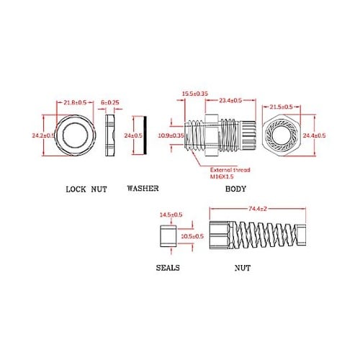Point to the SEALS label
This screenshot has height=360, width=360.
pos(168,266)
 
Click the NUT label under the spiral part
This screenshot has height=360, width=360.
pos(243,266)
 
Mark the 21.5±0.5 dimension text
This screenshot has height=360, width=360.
pos(282,105)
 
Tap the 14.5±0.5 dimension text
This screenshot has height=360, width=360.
pos(170,215)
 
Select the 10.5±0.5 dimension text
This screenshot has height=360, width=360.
pos(191,236)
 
